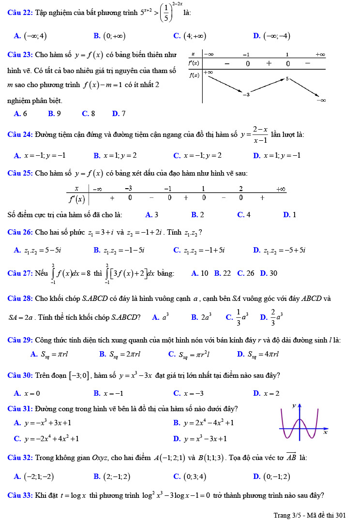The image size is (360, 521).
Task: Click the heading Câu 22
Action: pos(20,13)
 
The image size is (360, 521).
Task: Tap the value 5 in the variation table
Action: pos(287,78)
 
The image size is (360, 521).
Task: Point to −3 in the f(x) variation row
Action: pos(246,94)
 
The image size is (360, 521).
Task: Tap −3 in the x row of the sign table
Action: pos(129,188)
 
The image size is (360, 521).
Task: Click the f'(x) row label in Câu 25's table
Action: pos(76,198)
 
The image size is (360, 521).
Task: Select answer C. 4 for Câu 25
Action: pos(244,215)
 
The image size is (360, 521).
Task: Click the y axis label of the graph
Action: pos(294,406)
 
